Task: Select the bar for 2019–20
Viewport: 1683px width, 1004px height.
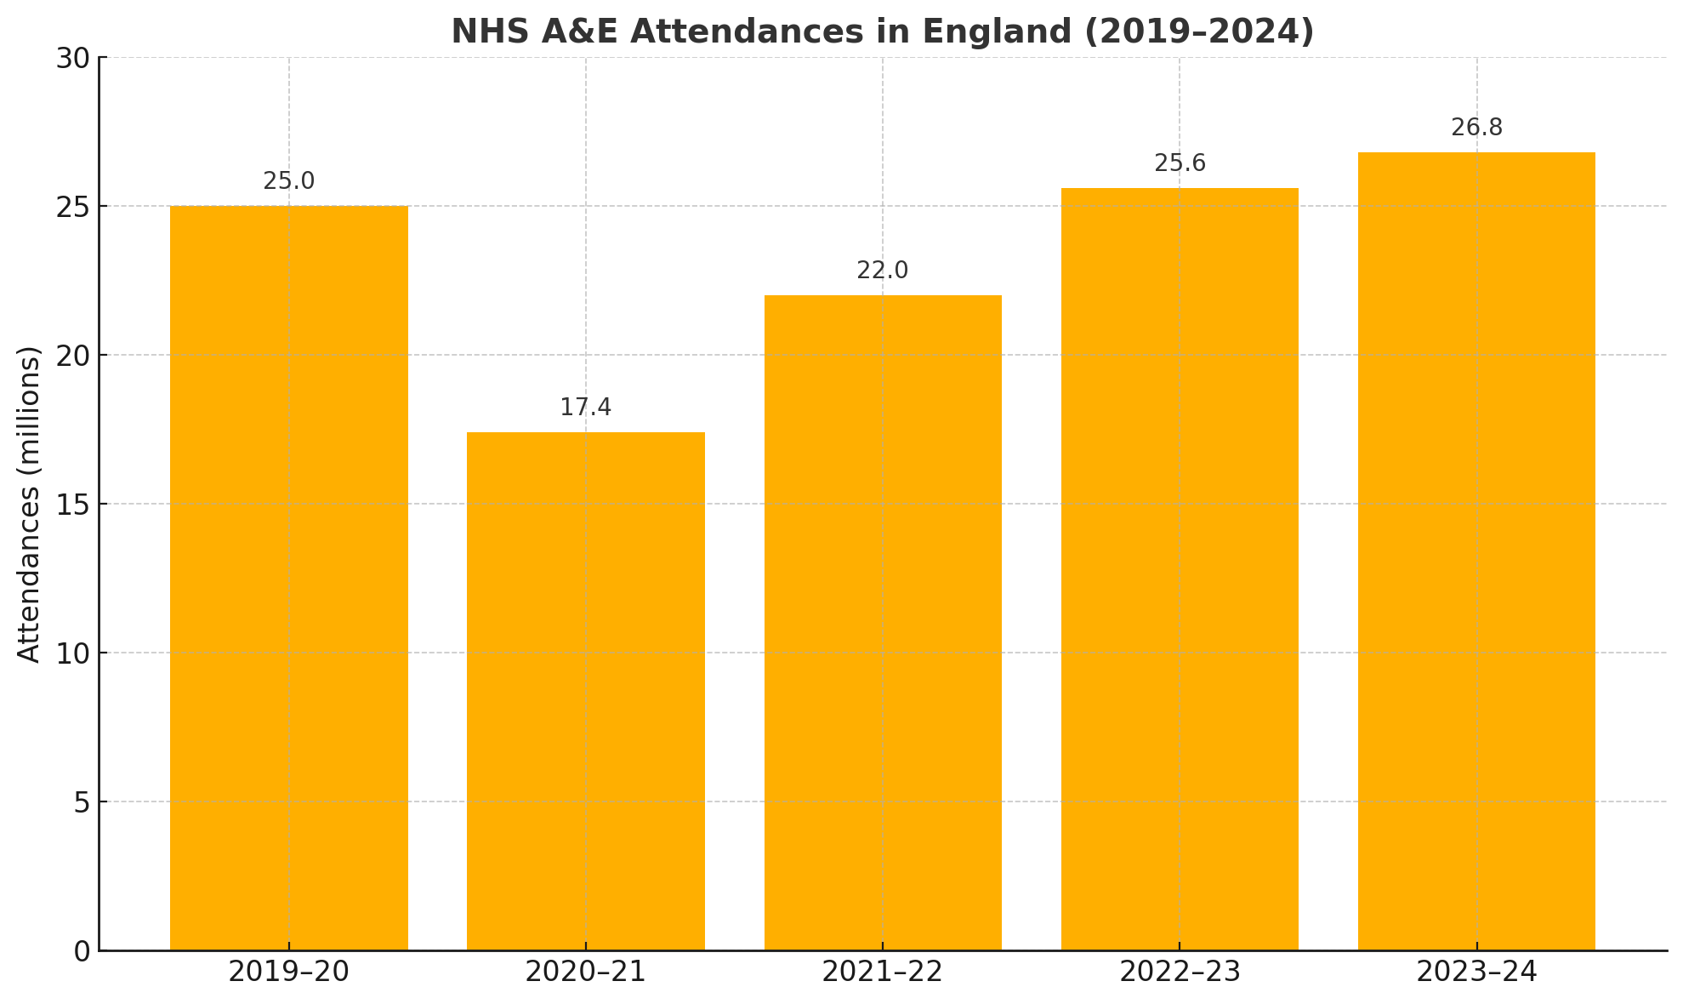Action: pos(289,579)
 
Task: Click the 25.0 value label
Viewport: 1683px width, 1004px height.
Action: pos(289,181)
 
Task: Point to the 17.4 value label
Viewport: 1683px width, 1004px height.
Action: pos(585,408)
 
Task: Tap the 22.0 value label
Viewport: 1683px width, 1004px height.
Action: pos(883,271)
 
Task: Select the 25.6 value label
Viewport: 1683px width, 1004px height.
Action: pos(1180,163)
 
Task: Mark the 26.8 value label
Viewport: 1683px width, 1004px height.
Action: pos(1476,128)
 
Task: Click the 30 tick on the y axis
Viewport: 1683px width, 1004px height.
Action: pos(73,58)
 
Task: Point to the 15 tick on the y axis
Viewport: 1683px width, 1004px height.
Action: pos(73,505)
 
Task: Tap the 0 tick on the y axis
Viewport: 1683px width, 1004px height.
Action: pos(82,951)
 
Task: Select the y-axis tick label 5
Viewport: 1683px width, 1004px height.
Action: pos(82,802)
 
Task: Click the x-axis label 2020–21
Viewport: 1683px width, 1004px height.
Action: pos(585,972)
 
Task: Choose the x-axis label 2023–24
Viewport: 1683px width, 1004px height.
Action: pos(1476,972)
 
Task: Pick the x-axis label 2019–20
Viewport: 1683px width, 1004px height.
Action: pos(289,972)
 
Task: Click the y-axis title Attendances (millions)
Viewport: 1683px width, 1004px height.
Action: pos(29,504)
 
